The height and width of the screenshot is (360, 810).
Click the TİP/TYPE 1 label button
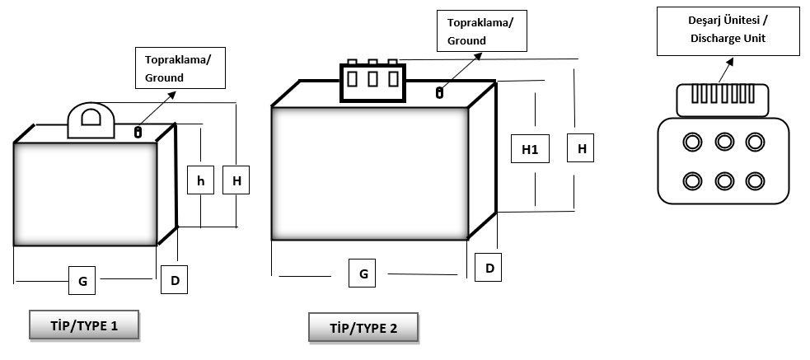[83, 325]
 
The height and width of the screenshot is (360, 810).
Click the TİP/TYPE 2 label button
[363, 328]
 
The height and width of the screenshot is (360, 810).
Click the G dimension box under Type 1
[82, 281]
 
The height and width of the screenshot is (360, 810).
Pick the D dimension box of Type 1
[175, 280]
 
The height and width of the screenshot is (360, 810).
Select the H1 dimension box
[530, 149]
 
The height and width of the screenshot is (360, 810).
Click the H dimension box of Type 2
[582, 149]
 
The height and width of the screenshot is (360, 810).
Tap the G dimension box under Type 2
[363, 274]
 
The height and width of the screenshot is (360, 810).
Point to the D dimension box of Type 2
[489, 267]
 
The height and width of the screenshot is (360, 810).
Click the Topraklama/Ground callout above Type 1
[181, 68]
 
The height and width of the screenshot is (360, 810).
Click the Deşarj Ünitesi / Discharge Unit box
[728, 32]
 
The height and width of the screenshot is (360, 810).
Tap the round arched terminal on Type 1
[88, 120]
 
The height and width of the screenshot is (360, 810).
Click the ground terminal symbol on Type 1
[138, 130]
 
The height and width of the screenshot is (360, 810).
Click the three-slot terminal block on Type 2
[372, 81]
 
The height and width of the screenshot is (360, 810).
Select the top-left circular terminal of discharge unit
[693, 143]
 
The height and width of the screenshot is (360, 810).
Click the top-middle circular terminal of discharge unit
[724, 143]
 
